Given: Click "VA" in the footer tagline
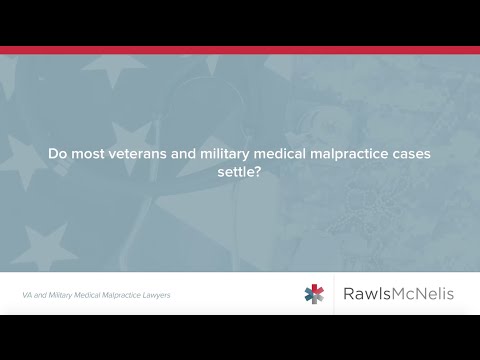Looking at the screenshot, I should click(27, 295).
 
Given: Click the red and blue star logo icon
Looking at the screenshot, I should click(315, 294).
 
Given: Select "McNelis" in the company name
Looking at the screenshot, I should click(424, 294).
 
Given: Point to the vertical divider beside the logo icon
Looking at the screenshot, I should click(334, 294).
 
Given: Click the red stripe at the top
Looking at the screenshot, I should click(240, 48).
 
